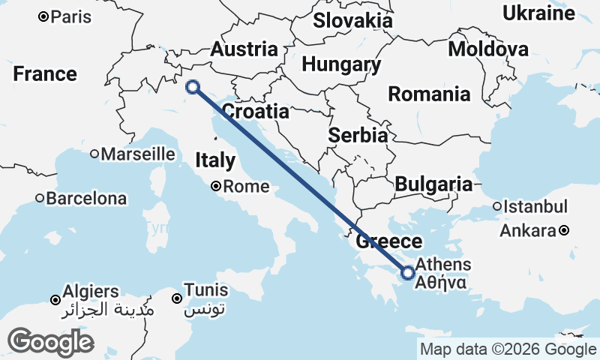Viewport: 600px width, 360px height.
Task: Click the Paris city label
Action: tap(67, 16)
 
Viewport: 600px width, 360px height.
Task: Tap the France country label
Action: tap(45, 74)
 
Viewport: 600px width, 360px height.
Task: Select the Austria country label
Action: tap(244, 49)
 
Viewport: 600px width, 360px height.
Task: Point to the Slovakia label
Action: tap(352, 20)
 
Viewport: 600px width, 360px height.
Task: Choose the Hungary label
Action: tap(341, 64)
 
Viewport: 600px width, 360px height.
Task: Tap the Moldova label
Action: tap(488, 49)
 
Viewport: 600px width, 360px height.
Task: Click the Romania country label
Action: tap(429, 94)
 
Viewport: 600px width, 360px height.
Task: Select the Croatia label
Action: tap(256, 112)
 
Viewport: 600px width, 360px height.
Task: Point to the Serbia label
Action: tap(358, 136)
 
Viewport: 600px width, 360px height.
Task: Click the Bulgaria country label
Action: tap(433, 184)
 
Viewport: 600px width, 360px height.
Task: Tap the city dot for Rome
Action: tap(215, 187)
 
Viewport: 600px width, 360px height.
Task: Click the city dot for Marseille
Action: tap(94, 154)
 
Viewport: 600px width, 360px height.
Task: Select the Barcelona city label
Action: tap(86, 199)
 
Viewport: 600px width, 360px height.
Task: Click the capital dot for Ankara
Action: tap(564, 231)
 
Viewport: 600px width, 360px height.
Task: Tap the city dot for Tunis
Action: tap(177, 298)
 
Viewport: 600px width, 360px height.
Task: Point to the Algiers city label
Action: tap(91, 291)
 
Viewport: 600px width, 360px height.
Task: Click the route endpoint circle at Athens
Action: tap(408, 273)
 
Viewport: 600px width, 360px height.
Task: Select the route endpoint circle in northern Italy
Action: tap(193, 87)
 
